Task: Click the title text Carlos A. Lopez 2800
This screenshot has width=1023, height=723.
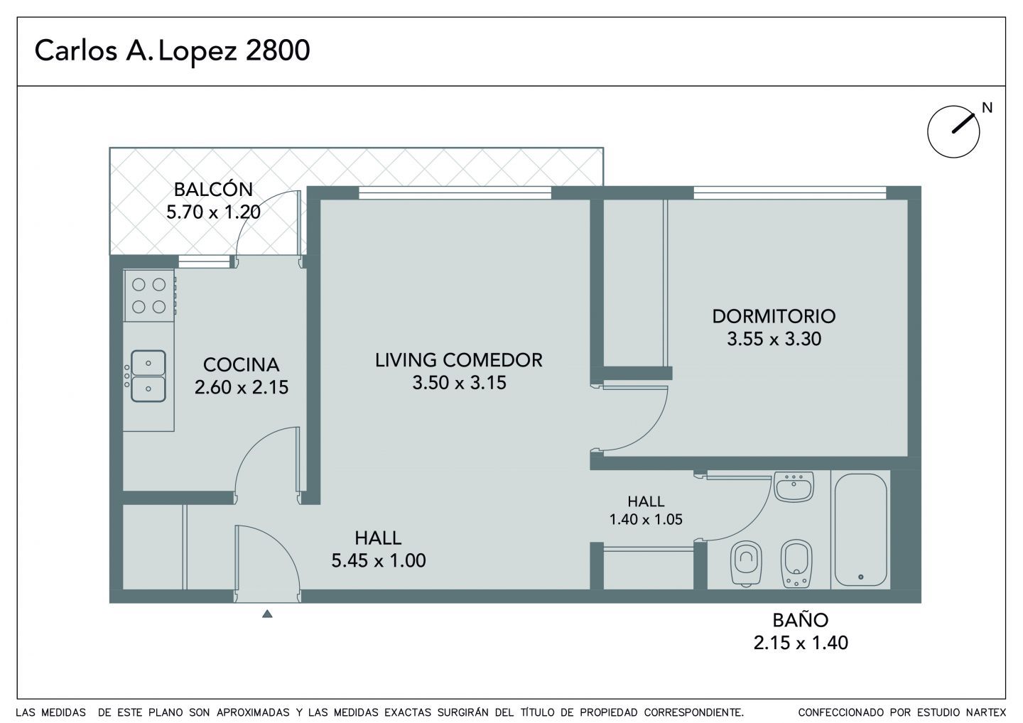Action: pyautogui.click(x=172, y=50)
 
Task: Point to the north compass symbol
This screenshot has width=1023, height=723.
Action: pyautogui.click(x=953, y=132)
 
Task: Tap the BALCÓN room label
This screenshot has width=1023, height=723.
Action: pyautogui.click(x=213, y=190)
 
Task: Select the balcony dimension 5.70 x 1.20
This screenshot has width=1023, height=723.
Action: pyautogui.click(x=213, y=212)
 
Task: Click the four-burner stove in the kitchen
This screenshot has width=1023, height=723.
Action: pyautogui.click(x=149, y=295)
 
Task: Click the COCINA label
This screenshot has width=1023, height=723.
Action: pyautogui.click(x=241, y=364)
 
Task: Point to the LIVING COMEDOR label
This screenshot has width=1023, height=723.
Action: pyautogui.click(x=459, y=360)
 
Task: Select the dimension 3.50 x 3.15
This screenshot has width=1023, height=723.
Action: pyautogui.click(x=459, y=383)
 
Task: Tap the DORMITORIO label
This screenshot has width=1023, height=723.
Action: pyautogui.click(x=774, y=316)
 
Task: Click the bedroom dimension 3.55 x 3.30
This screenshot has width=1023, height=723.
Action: pyautogui.click(x=774, y=339)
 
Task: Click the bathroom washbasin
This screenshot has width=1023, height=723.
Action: pyautogui.click(x=794, y=486)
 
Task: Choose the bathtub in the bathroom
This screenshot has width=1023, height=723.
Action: pyautogui.click(x=860, y=531)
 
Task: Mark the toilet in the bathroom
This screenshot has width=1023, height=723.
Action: pyautogui.click(x=746, y=563)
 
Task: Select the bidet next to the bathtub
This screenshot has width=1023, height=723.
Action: pyautogui.click(x=796, y=563)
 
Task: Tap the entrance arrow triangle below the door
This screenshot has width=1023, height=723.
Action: pyautogui.click(x=267, y=614)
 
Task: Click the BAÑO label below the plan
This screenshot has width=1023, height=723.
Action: pyautogui.click(x=801, y=620)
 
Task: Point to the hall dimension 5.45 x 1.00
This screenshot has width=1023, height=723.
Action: pyautogui.click(x=379, y=560)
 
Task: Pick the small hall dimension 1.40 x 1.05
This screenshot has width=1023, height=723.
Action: pyautogui.click(x=646, y=519)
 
